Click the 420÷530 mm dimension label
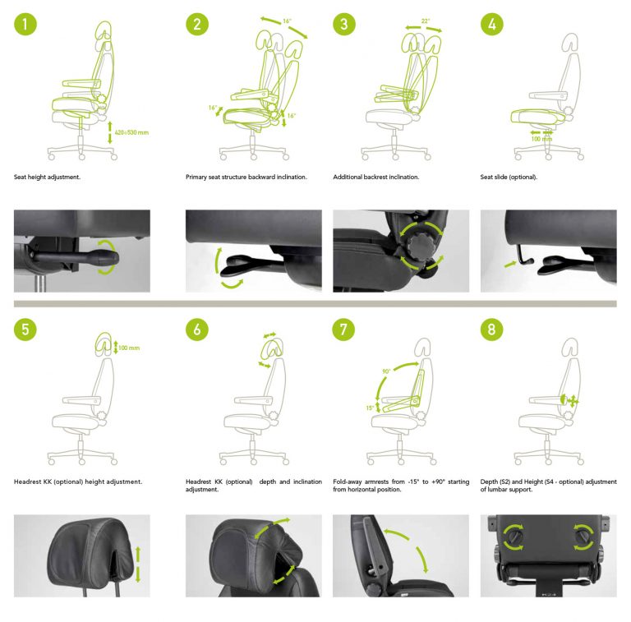pyautogui.click(x=131, y=131)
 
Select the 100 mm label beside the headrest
pyautogui.click(x=128, y=348)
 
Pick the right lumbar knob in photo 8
pyautogui.click(x=583, y=535)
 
